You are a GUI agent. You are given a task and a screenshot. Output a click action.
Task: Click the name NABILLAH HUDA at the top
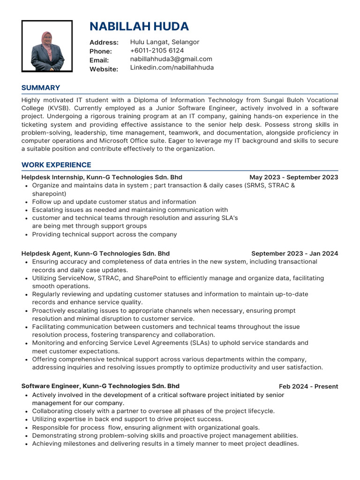point(139,26)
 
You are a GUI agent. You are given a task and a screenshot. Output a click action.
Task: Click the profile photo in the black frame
point(47,46)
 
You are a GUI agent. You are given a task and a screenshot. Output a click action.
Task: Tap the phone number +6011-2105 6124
point(157,51)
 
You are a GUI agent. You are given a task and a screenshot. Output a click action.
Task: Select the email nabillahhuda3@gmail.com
point(171,59)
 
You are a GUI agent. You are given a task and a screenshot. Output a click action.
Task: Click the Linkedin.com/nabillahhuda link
point(172,67)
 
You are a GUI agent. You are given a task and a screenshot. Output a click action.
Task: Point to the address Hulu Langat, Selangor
point(165,42)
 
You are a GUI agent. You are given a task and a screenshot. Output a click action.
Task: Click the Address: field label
point(104,43)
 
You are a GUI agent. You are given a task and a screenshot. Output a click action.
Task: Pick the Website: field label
point(104,69)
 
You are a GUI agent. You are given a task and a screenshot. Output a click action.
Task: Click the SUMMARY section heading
point(41,88)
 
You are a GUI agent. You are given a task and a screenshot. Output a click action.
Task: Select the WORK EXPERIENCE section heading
point(56,165)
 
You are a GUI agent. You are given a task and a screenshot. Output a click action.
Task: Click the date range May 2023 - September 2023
point(293,177)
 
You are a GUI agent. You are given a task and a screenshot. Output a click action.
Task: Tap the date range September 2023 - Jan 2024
point(294,254)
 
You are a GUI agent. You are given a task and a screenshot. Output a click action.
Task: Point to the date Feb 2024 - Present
point(308,387)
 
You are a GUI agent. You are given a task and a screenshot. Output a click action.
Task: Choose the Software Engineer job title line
point(100,386)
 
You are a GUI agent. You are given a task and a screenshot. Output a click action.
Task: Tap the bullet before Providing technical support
point(26,235)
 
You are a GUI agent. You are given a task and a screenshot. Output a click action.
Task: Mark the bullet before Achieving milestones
point(26,444)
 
